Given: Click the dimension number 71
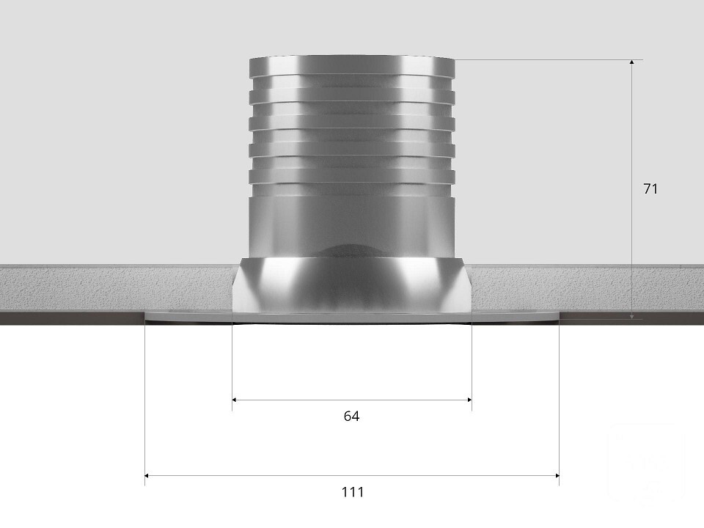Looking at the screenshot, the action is [x=650, y=189].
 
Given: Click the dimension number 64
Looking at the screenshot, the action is [x=351, y=417].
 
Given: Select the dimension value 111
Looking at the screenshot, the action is [x=353, y=492].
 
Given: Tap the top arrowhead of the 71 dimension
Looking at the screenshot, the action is [x=631, y=62].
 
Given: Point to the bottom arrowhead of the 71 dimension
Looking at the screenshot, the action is [x=631, y=317].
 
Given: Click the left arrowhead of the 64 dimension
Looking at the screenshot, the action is [x=235, y=400].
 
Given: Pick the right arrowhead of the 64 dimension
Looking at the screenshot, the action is [x=469, y=400].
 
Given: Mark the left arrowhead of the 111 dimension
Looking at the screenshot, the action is [x=147, y=475].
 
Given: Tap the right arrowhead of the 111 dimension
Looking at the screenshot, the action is [x=557, y=475].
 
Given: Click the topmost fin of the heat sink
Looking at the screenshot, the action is [x=352, y=65].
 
